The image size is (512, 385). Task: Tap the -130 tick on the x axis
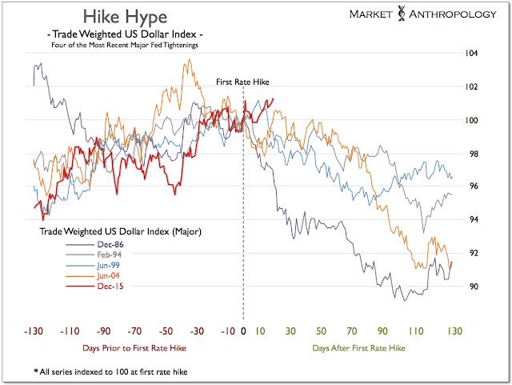pos(34,331)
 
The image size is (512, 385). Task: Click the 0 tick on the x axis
pos(243,331)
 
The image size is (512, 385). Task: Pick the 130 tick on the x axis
pos(453,331)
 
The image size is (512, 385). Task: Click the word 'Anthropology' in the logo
pos(455,15)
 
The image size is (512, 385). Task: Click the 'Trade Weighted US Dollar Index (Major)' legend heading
pos(121,231)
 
